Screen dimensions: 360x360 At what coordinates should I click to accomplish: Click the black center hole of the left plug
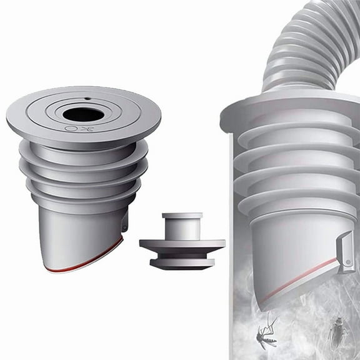click(81, 115)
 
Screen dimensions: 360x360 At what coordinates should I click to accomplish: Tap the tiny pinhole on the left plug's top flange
click(88, 99)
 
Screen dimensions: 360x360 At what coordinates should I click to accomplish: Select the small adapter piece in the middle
click(182, 241)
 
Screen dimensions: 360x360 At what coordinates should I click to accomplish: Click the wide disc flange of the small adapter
click(182, 244)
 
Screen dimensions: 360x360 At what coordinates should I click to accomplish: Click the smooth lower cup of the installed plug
click(287, 250)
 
